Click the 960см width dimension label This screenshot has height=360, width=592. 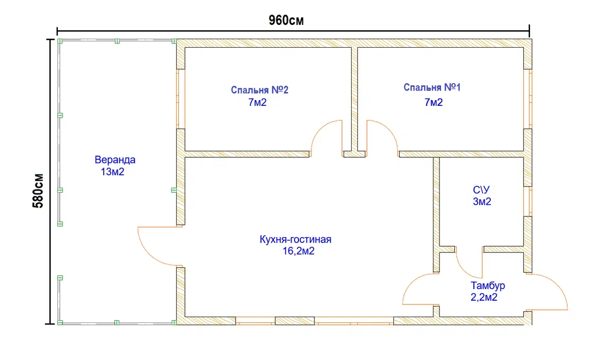pos(286,20)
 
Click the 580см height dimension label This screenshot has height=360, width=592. pos(39,191)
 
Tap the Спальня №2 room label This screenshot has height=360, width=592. pos(260,90)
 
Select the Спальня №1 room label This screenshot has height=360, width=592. pos(432,87)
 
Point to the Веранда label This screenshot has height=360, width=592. pos(115,160)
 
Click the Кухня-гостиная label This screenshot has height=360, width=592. pos(295,239)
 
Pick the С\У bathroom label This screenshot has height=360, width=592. pos(481,190)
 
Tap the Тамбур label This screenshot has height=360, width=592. pos(488,286)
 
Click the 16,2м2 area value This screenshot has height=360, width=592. pos(299,251)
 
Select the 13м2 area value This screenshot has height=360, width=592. pos(112,172)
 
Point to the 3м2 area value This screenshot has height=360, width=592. pos(482,202)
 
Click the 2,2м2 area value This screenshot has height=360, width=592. pos(484,298)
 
